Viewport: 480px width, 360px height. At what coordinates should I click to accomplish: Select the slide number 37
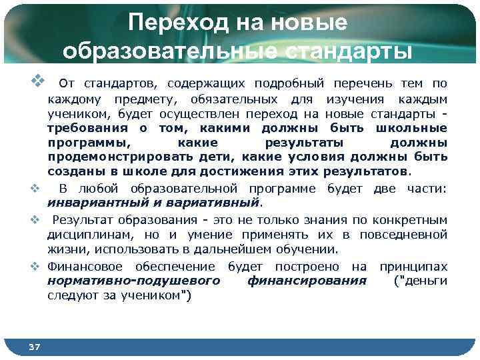point(35,346)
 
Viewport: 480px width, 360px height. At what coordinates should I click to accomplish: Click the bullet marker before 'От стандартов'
point(37,83)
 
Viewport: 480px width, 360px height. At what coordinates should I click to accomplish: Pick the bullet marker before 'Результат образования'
point(39,219)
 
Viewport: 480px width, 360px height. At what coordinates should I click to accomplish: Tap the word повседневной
point(403,235)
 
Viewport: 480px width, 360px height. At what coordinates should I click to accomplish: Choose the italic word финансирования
point(307,281)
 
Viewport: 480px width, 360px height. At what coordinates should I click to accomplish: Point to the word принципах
point(413,267)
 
